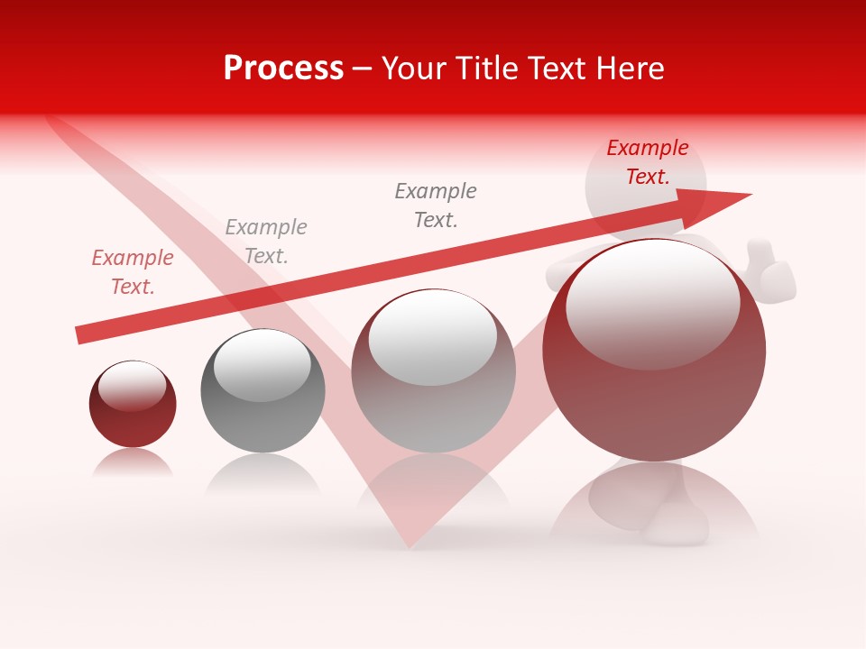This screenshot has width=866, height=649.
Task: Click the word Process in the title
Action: click(x=283, y=69)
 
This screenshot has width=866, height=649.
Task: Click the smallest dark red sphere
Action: click(x=133, y=404)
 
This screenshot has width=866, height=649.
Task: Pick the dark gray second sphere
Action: click(x=263, y=390)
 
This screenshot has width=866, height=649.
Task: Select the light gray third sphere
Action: click(x=433, y=370)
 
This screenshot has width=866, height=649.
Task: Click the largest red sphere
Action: click(x=654, y=351)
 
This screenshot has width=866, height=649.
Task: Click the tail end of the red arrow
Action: click(x=79, y=335)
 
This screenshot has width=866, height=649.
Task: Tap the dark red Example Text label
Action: click(x=647, y=162)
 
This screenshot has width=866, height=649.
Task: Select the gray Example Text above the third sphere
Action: click(x=436, y=205)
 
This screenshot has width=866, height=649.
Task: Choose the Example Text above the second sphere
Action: click(x=266, y=241)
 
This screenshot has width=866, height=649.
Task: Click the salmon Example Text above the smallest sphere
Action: click(x=133, y=271)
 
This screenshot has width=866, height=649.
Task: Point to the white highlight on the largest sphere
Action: click(x=652, y=302)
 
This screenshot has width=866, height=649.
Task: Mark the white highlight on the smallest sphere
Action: click(x=132, y=386)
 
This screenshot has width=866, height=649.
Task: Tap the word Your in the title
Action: click(x=416, y=69)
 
